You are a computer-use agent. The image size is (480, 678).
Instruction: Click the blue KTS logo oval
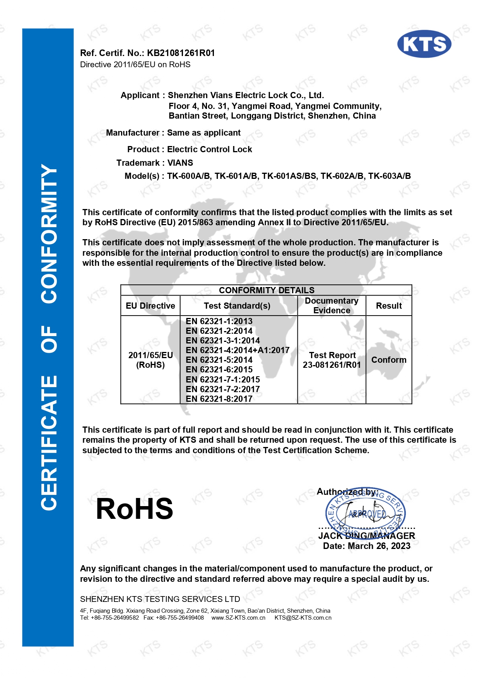tap(424, 44)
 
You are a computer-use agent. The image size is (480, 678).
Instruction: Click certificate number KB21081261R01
tap(181, 53)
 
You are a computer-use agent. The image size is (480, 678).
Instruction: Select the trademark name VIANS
tap(180, 163)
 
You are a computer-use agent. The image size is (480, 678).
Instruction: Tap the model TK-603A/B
tap(389, 176)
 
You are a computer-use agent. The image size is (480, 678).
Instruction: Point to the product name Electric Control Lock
tap(209, 150)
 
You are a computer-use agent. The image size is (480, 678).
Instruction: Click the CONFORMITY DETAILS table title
tap(266, 290)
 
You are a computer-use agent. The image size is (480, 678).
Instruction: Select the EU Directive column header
tap(150, 306)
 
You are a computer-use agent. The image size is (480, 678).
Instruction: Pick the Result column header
tap(389, 306)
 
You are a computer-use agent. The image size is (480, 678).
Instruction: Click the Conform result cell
tap(389, 360)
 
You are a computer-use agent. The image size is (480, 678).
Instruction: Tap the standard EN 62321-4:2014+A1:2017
tap(237, 350)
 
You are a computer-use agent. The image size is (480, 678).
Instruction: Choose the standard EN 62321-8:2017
tap(219, 399)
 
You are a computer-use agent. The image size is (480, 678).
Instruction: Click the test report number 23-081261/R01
tap(331, 365)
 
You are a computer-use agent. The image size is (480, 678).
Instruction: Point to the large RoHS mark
tap(134, 509)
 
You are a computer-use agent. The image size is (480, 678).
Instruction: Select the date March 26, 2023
tap(379, 546)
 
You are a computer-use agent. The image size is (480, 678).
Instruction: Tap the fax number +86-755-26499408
tap(179, 618)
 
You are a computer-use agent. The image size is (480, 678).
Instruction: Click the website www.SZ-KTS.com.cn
tap(238, 618)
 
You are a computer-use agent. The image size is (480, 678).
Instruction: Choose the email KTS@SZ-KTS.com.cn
tap(303, 618)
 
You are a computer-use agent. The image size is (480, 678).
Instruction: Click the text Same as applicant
tap(204, 133)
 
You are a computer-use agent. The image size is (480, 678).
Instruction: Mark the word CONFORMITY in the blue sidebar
tap(49, 234)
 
